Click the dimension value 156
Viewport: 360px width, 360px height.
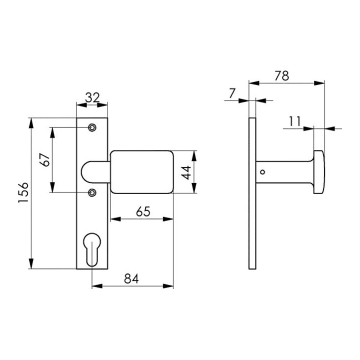coord(23,192)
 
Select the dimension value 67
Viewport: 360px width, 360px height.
coord(44,160)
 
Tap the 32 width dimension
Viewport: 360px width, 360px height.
coord(92,98)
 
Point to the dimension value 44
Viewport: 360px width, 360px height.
coord(186,172)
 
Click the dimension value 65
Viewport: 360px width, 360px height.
coord(143,211)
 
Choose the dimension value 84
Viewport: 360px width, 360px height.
coord(131,279)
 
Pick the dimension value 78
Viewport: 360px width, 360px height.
coord(282,76)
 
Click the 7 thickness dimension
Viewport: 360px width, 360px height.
coord(232,93)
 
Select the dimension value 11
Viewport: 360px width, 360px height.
coord(295,121)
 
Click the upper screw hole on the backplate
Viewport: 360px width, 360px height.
coord(92,127)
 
